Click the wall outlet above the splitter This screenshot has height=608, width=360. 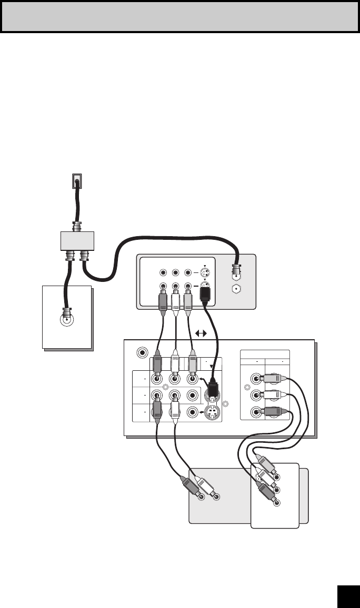[x=77, y=181]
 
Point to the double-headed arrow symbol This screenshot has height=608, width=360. [x=201, y=333]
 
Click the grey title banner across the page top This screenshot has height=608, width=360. [x=179, y=17]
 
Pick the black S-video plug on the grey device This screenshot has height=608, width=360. [x=207, y=298]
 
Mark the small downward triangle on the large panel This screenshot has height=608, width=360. [x=213, y=367]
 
